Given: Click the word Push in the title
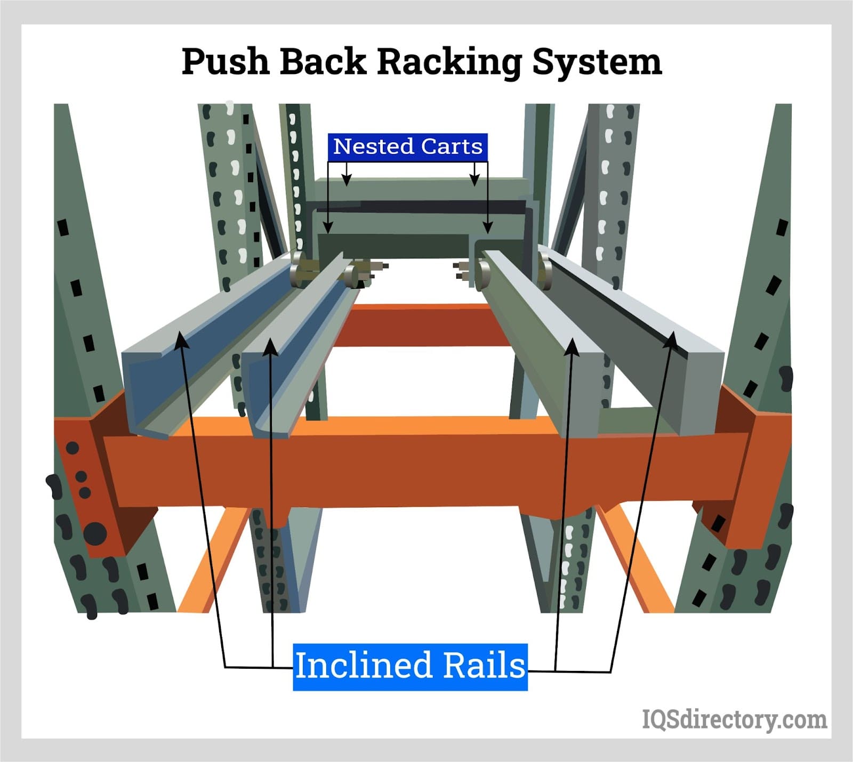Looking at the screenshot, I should (225, 62).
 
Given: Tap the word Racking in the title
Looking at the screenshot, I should (449, 62).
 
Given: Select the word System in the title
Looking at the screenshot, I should (597, 62).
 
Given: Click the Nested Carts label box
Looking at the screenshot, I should (408, 147).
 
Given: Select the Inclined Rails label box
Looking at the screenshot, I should (410, 666).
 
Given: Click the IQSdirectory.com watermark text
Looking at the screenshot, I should (734, 719).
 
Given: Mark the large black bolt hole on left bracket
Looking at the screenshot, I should (96, 532).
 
